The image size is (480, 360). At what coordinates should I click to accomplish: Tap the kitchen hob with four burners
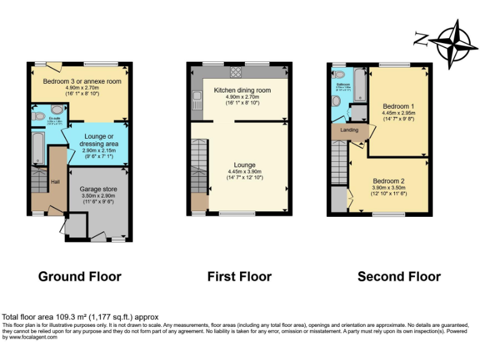click(x=236, y=72)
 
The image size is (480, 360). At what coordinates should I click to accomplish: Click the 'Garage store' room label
click(x=99, y=189)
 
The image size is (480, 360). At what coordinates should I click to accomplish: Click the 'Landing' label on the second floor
click(x=349, y=130)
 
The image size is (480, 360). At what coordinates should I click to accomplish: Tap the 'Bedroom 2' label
click(x=389, y=181)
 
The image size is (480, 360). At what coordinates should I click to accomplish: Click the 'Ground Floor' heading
click(x=80, y=276)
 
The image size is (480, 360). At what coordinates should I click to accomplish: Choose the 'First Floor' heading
click(x=239, y=276)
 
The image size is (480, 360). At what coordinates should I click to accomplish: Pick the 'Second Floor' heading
click(x=399, y=276)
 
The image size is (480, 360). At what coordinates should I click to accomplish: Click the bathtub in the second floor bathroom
click(x=360, y=85)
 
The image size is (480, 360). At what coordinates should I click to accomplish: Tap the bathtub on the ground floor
click(x=37, y=149)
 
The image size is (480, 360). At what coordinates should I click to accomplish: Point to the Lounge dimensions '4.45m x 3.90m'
click(x=241, y=171)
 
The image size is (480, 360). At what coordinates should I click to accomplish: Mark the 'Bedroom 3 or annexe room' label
click(x=82, y=81)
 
